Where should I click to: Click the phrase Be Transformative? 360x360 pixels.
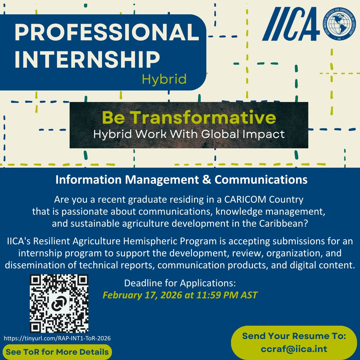tap(189, 118)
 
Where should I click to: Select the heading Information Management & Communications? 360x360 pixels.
tap(181, 180)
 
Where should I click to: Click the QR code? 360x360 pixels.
tap(59, 304)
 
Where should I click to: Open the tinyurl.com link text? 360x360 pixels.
tap(57, 338)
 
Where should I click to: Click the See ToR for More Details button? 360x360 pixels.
tap(57, 352)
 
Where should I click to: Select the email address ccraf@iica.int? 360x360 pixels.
tap(294, 349)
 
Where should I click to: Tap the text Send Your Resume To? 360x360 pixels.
tap(294, 335)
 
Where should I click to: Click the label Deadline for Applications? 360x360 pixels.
tap(180, 283)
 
